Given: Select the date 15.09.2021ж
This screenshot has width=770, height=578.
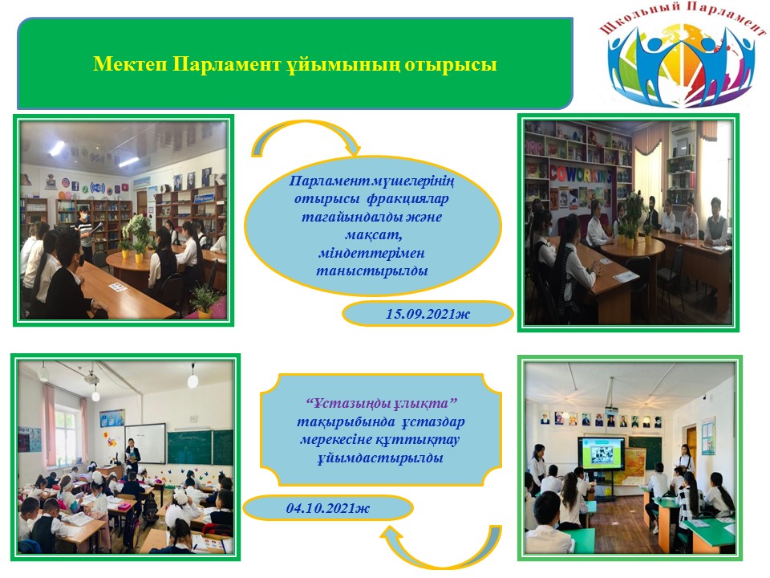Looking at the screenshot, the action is (428, 314).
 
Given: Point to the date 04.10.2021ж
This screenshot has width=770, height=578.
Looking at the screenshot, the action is (328, 507).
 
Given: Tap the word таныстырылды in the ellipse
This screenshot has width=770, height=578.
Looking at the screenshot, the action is (371, 271).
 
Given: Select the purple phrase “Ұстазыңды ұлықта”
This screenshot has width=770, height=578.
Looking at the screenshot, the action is (381, 404).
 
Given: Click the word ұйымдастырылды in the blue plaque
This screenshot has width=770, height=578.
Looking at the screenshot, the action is (380, 458).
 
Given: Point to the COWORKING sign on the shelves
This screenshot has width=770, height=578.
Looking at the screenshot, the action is (580, 174).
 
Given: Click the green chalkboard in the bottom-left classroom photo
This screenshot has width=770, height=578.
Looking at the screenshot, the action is (200, 447).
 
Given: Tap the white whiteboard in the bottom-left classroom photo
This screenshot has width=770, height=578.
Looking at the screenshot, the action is (145, 444).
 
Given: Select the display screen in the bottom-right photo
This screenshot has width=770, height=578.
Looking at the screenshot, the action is (601, 453).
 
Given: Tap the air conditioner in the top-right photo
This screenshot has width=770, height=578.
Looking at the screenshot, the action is (683, 129).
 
